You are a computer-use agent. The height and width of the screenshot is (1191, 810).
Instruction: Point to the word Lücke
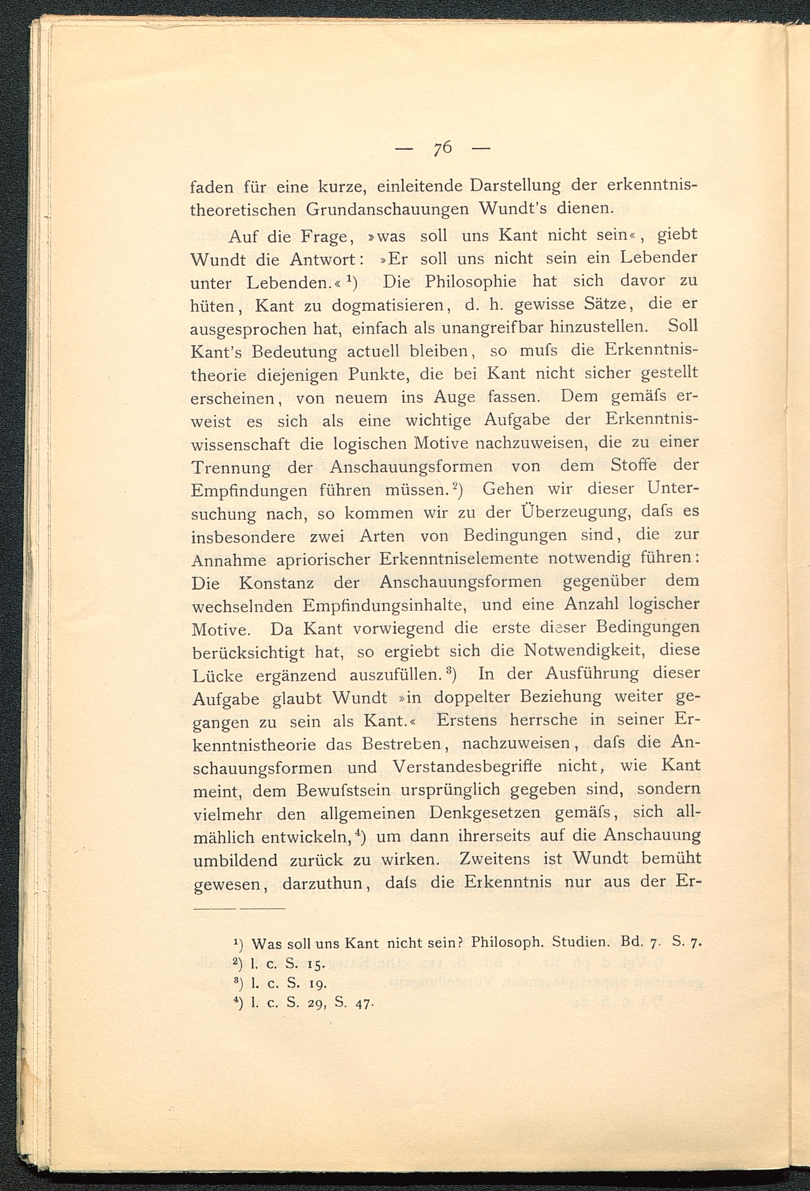click(x=218, y=676)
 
